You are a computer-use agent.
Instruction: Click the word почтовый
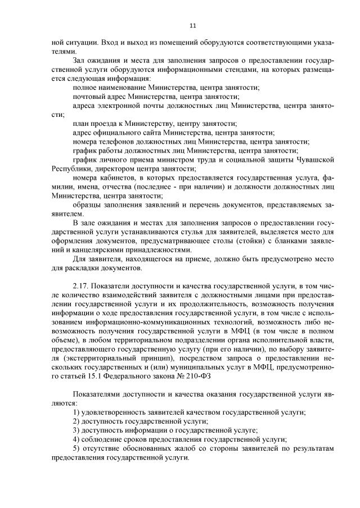coord(87,96)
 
